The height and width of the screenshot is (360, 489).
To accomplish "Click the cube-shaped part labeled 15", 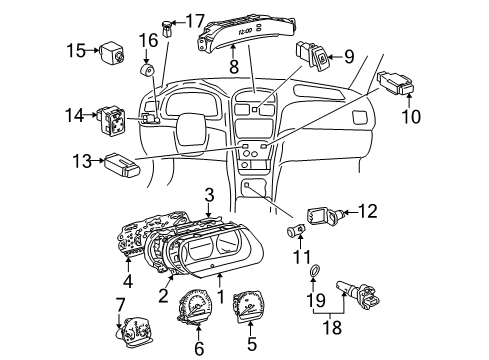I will click(x=108, y=50).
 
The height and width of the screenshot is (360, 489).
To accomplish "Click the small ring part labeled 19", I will click(x=318, y=274).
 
